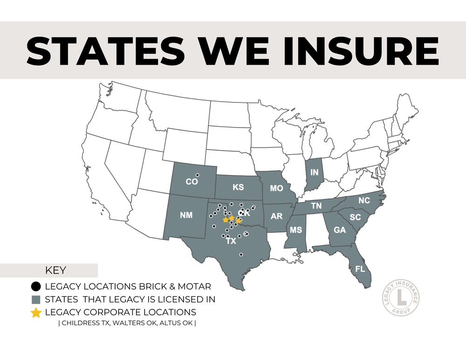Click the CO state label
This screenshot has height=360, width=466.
click(x=192, y=182)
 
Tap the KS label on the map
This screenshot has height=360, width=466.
click(x=238, y=187)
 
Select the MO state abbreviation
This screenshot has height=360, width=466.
click(x=277, y=189)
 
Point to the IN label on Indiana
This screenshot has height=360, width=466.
click(x=315, y=173)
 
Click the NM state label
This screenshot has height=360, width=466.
click(x=186, y=216)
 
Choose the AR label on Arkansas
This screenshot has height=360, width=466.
click(x=277, y=217)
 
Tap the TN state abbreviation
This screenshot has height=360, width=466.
click(x=316, y=205)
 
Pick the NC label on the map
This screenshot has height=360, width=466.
click(x=364, y=200)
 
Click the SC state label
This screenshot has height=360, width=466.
click(x=356, y=217)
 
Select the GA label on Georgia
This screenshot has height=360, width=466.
click(x=340, y=230)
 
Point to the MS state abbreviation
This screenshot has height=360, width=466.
click(x=296, y=231)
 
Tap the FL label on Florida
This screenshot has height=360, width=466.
click(x=360, y=269)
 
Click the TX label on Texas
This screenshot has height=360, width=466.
click(x=231, y=242)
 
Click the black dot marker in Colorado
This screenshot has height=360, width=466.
click(x=198, y=175)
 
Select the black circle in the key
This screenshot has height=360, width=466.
click(x=35, y=286)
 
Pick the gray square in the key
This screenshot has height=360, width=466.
click(x=35, y=299)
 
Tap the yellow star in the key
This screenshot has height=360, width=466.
click(x=35, y=312)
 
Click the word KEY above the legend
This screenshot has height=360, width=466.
click(x=55, y=270)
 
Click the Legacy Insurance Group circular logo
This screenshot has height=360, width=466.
click(x=400, y=298)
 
